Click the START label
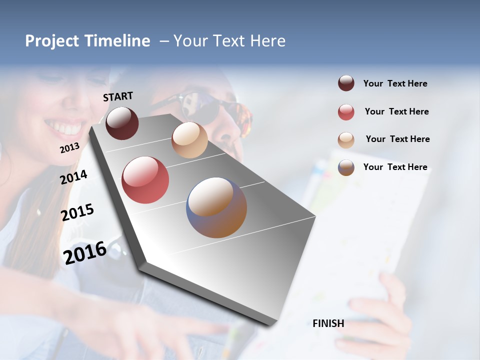118,96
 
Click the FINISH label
328,323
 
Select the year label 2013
69,147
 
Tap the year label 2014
73,177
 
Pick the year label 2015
77,212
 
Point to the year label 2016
85,252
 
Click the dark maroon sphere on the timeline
122,123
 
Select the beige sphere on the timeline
189,140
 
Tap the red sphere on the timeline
145,180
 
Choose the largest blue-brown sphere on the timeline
216,207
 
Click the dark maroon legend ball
346,83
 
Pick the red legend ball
346,112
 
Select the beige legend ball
346,140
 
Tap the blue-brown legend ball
346,167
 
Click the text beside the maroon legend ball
395,83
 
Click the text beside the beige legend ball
397,139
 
